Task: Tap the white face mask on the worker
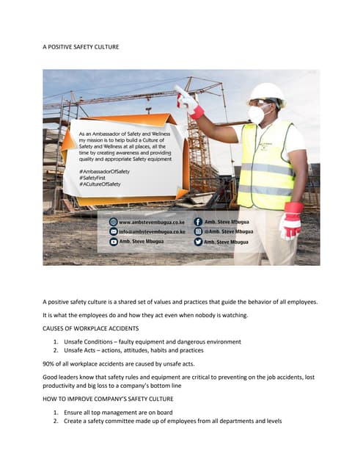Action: (257, 113)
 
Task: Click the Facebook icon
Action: (198, 221)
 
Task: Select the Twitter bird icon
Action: (198, 241)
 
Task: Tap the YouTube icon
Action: (113, 241)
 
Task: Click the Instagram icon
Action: (198, 231)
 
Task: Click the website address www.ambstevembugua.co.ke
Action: (150, 221)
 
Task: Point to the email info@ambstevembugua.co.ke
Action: (150, 231)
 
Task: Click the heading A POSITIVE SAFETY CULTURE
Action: (81, 46)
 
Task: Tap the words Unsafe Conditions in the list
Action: (89, 341)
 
